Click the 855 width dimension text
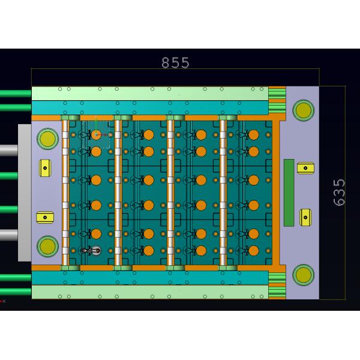(175, 62)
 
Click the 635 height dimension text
(339, 193)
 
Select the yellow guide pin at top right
(303, 110)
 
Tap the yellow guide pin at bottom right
(303, 275)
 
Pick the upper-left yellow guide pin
(47, 139)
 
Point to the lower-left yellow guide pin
(47, 246)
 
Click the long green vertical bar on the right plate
(289, 193)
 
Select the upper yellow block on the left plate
(45, 168)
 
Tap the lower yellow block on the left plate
(45, 217)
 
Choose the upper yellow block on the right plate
(305, 168)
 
